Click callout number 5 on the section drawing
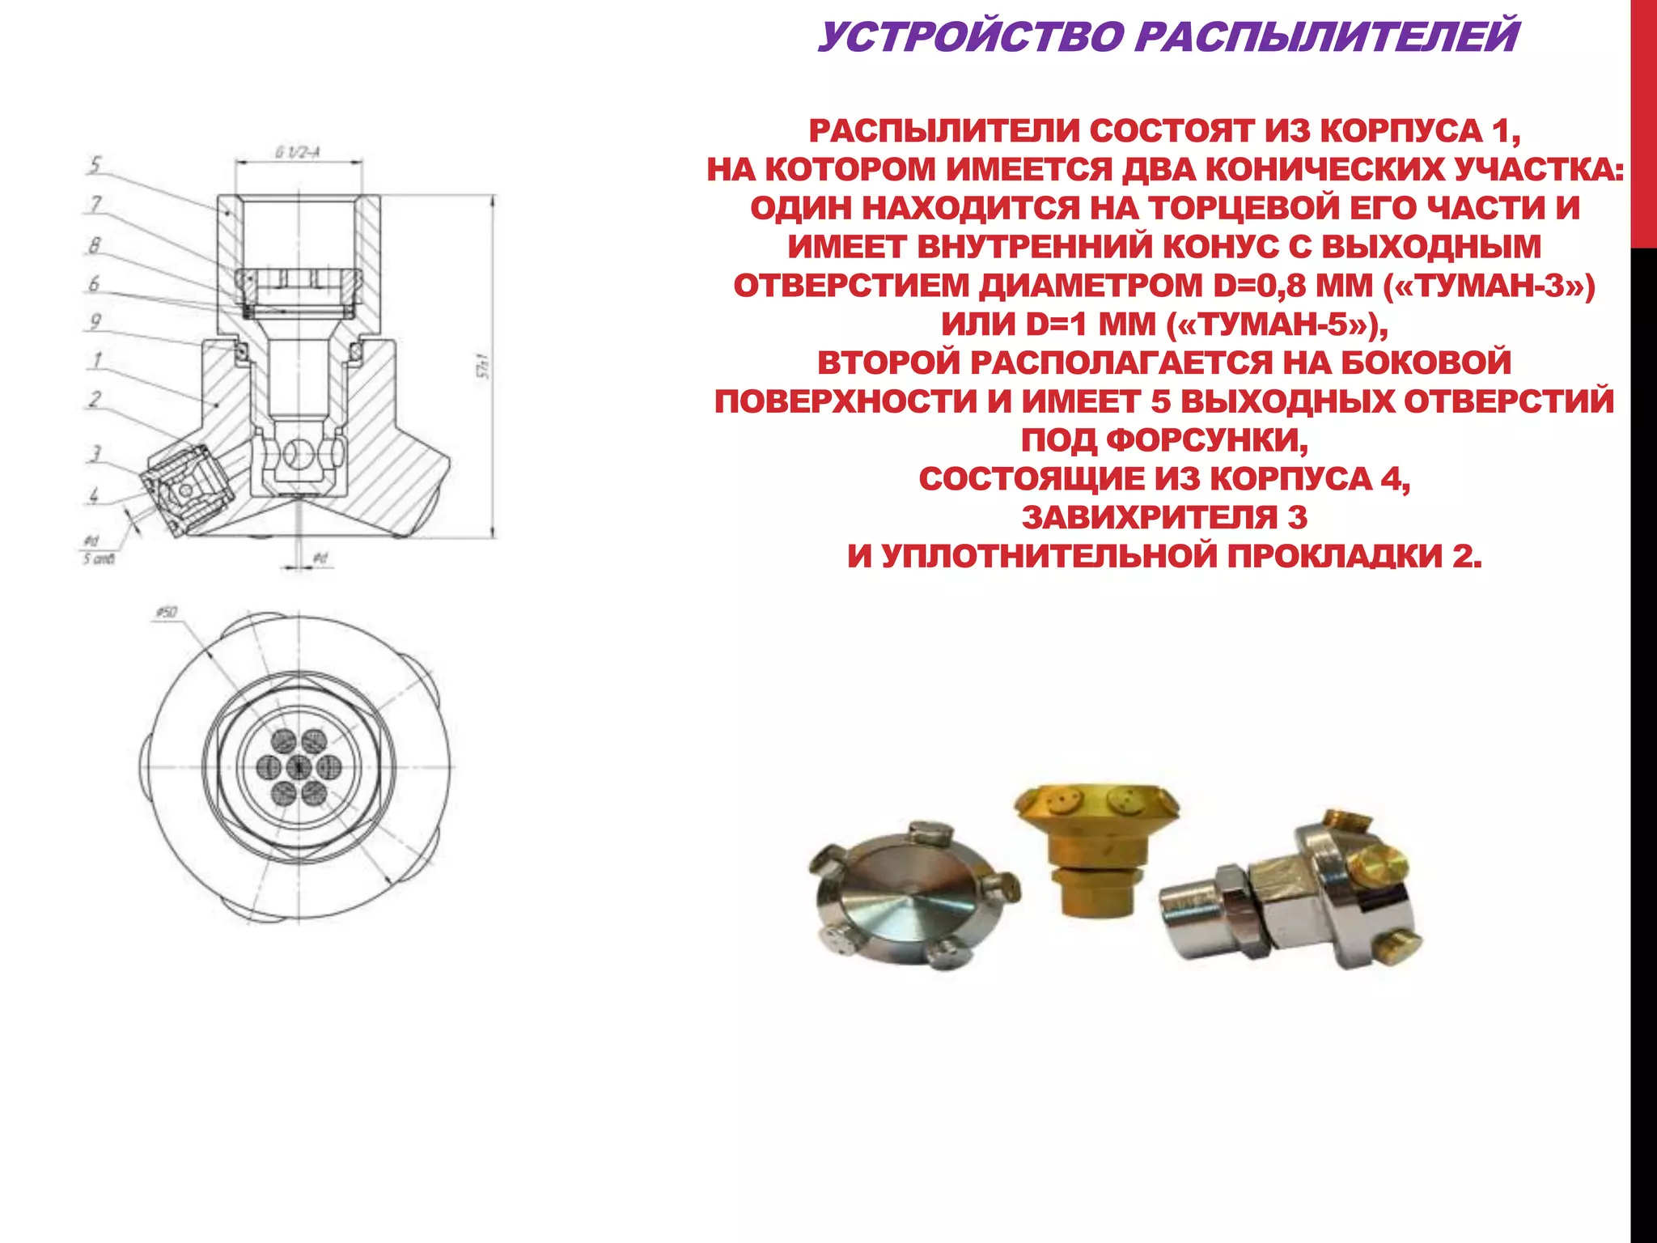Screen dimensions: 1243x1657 click(x=95, y=165)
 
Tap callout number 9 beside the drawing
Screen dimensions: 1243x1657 click(x=95, y=321)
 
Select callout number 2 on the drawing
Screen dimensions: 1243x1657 click(x=95, y=399)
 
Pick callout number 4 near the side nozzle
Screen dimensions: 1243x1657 click(x=95, y=494)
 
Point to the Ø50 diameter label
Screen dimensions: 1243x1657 click(x=166, y=613)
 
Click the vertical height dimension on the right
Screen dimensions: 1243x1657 click(x=485, y=366)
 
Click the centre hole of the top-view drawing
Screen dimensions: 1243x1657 click(x=298, y=766)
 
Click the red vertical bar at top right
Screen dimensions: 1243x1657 click(x=1644, y=121)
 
